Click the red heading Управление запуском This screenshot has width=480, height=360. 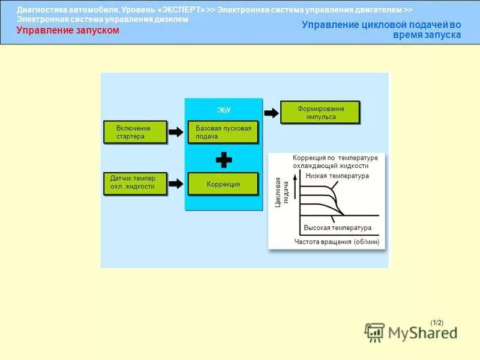pyautogui.click(x=67, y=31)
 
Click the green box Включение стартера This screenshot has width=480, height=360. pyautogui.click(x=134, y=132)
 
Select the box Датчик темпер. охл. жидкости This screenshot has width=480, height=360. pyautogui.click(x=134, y=182)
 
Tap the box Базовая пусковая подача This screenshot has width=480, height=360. pyautogui.click(x=223, y=132)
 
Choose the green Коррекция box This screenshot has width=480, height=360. pyautogui.click(x=223, y=184)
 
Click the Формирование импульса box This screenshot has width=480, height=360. pyautogui.click(x=321, y=113)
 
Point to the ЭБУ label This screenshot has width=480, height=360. pyautogui.click(x=223, y=110)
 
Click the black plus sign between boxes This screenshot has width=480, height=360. pyautogui.click(x=223, y=160)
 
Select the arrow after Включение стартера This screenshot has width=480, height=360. pyautogui.click(x=176, y=132)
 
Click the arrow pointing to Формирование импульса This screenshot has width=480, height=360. pyautogui.click(x=271, y=113)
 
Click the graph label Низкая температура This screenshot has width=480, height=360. pyautogui.click(x=337, y=176)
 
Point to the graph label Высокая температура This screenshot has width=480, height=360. pyautogui.click(x=337, y=228)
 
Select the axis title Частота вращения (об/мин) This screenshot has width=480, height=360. pyautogui.click(x=337, y=241)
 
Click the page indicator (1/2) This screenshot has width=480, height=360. pyautogui.click(x=436, y=322)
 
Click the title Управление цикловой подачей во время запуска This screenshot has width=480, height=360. pyautogui.click(x=382, y=30)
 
